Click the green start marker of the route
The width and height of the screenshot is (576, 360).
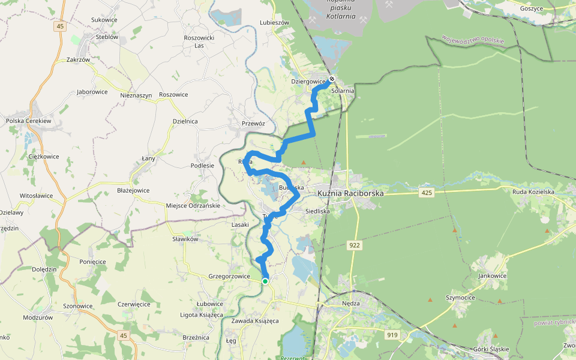point(265,281)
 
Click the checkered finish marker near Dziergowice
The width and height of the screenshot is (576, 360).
point(331,78)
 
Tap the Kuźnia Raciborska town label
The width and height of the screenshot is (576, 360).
point(350,193)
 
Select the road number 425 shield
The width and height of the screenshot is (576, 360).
point(427,193)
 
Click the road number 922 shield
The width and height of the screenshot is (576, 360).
point(355,245)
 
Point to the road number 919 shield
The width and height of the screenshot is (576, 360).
point(392,335)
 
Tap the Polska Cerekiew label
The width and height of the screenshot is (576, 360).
point(29,121)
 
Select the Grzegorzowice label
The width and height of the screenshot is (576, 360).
point(229,277)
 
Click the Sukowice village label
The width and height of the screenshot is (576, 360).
point(104,20)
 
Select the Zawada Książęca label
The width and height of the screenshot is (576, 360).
point(255,321)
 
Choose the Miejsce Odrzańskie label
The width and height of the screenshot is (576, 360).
point(193,206)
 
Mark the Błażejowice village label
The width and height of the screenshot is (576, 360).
point(133,190)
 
